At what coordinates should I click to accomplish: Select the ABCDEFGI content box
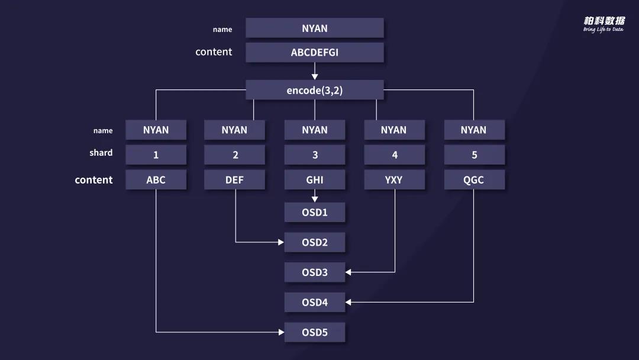(314, 53)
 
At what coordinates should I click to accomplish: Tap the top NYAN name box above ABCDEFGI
(314, 28)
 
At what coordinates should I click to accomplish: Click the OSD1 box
(314, 212)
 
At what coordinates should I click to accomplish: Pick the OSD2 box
(314, 242)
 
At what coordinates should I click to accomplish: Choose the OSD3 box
(314, 272)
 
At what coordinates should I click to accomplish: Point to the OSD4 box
(314, 302)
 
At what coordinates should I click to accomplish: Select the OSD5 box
(314, 332)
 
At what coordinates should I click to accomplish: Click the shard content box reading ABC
(156, 180)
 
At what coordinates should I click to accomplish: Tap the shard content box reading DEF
(234, 180)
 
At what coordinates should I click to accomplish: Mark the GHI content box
(314, 180)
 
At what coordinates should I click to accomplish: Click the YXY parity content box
(394, 180)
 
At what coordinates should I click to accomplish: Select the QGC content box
(474, 180)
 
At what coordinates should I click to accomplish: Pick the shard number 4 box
(394, 155)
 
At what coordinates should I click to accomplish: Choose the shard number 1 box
(156, 155)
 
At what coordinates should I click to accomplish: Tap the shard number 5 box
(474, 155)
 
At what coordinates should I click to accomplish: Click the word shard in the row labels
(101, 153)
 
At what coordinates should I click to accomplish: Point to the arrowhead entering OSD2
(281, 242)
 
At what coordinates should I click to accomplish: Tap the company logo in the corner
(603, 24)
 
